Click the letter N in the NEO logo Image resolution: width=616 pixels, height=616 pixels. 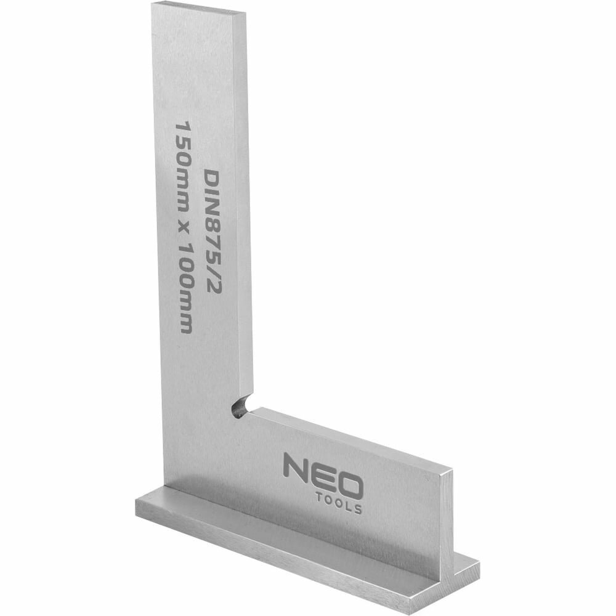click(295, 466)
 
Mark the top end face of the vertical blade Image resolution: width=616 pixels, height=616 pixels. click(198, 8)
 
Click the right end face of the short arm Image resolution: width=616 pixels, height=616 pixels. click(446, 524)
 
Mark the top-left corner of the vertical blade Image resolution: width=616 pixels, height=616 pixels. click(153, 5)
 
